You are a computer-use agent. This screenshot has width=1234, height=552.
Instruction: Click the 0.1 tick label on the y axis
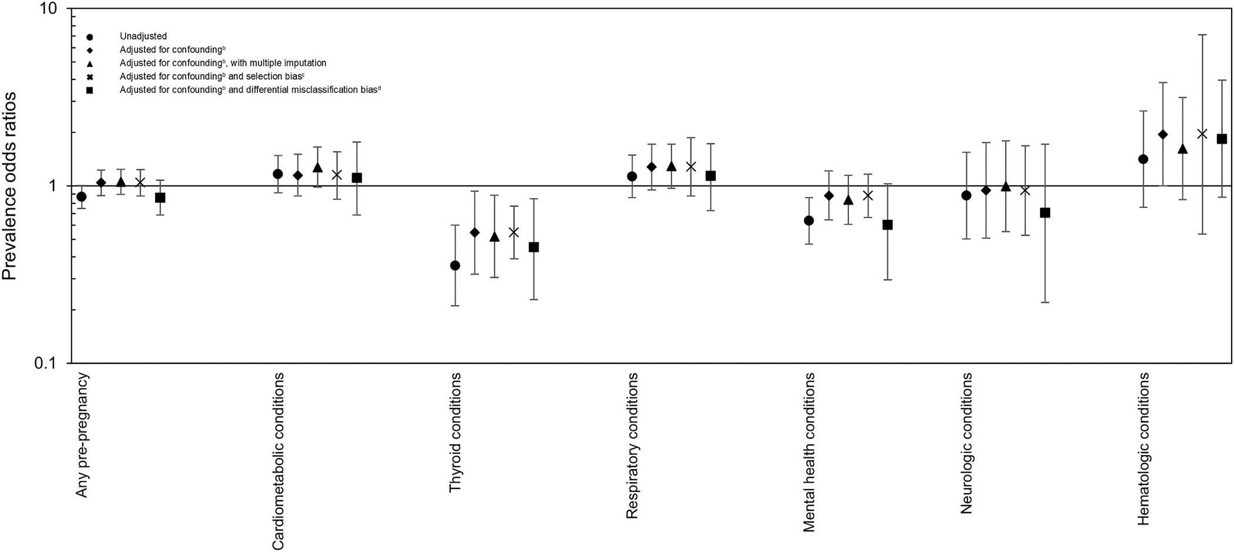click(x=46, y=363)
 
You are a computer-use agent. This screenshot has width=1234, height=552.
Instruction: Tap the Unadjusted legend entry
click(x=143, y=36)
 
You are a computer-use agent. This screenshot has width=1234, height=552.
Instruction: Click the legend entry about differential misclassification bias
click(x=250, y=90)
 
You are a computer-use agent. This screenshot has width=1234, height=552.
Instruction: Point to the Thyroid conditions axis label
click(x=455, y=435)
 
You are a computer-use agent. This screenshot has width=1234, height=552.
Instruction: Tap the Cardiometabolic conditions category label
click(x=279, y=461)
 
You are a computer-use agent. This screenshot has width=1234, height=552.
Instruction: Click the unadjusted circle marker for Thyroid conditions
click(x=455, y=266)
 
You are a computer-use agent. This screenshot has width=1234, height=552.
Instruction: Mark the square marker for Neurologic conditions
click(x=1045, y=213)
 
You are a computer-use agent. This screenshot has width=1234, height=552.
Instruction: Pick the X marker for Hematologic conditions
click(x=1202, y=134)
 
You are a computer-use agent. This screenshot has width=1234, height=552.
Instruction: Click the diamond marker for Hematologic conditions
click(x=1163, y=135)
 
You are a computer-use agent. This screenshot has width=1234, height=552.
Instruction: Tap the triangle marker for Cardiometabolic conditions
click(x=317, y=168)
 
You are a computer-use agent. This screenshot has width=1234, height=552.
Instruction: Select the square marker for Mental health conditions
click(x=888, y=225)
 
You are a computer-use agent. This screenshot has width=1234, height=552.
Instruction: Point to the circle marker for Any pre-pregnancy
click(x=82, y=196)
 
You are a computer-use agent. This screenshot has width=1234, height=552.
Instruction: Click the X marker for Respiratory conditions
click(x=691, y=167)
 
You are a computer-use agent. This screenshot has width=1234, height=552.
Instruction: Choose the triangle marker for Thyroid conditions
click(x=494, y=237)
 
